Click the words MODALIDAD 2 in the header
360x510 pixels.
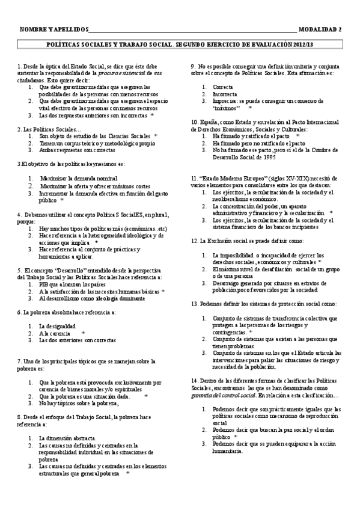click(320, 29)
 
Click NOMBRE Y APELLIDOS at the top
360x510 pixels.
click(53, 29)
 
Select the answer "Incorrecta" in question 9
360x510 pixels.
click(221, 94)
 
